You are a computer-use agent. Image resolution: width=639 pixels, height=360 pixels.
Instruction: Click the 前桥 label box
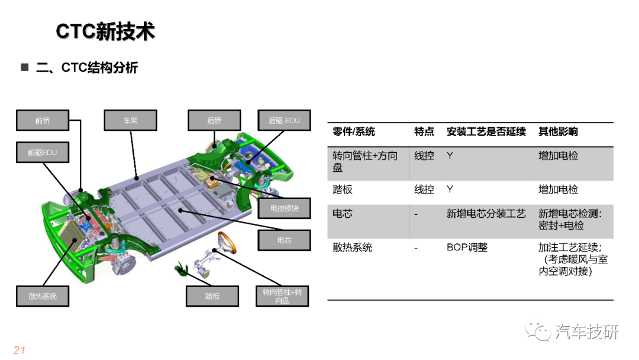[x=43, y=120]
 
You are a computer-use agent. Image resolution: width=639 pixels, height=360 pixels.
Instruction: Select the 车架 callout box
[x=130, y=120]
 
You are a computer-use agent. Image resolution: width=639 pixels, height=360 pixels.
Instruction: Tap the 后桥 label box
[x=214, y=120]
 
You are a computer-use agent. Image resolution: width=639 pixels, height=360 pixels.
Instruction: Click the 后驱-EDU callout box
[x=284, y=120]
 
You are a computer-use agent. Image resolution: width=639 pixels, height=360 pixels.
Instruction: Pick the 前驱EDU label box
[x=43, y=153]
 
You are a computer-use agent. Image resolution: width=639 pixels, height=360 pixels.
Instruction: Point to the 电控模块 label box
[x=284, y=208]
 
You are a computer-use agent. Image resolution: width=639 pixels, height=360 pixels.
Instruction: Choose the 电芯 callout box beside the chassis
[x=284, y=240]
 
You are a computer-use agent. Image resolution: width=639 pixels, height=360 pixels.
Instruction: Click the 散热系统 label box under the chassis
[x=43, y=296]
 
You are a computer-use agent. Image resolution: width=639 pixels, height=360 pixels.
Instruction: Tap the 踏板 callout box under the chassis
[x=212, y=296]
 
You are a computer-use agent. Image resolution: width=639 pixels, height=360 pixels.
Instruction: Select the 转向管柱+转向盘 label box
[x=282, y=296]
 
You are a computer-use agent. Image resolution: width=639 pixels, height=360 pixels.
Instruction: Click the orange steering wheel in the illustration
[x=227, y=242]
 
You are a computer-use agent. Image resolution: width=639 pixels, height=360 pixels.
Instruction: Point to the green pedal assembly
[x=181, y=269]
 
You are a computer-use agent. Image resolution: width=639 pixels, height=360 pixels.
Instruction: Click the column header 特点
[x=424, y=131]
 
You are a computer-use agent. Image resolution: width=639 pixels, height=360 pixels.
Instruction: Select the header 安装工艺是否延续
[x=486, y=131]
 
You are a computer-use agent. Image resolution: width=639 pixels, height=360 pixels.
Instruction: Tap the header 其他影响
[x=558, y=131]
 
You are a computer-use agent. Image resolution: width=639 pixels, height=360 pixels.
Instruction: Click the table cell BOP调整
[x=467, y=247]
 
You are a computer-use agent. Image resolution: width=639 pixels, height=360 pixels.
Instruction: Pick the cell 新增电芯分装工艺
[x=486, y=214]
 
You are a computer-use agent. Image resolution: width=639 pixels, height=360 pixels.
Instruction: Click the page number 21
[x=20, y=350]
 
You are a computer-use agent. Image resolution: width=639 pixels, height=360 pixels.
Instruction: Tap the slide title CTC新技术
[x=105, y=31]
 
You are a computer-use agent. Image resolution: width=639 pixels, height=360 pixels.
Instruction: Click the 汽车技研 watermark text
[x=587, y=332]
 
